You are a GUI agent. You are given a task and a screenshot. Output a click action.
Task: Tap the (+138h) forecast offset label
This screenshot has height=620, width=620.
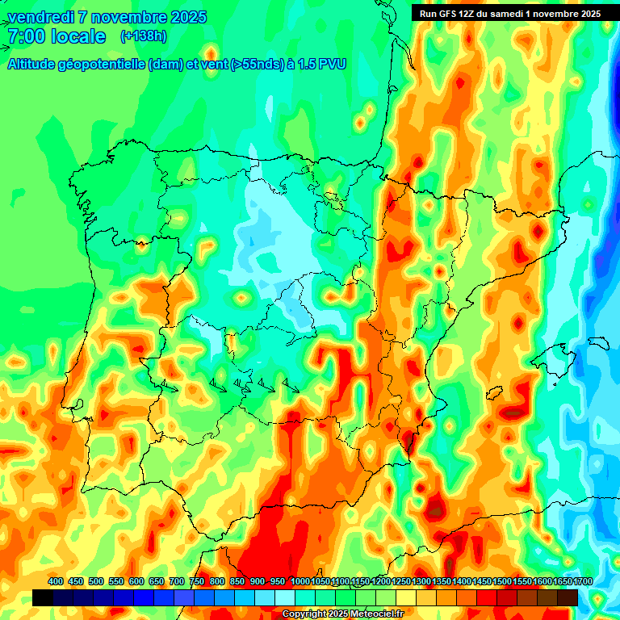pos(143,36)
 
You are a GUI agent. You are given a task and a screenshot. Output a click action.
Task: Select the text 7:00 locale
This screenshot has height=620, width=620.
pos(57,36)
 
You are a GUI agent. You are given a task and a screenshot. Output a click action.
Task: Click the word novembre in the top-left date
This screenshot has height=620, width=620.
pos(128,17)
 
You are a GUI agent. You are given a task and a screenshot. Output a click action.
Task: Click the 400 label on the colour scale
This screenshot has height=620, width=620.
pos(56,581)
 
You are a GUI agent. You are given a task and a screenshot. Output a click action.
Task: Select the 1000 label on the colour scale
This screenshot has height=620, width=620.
pos(300,581)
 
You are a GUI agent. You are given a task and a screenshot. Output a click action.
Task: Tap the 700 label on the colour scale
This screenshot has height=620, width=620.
pos(177,581)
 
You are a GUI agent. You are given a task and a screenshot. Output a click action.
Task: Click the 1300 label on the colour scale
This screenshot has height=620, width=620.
pos(421,581)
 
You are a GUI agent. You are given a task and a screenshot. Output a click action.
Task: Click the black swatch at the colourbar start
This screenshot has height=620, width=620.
pos(43,597)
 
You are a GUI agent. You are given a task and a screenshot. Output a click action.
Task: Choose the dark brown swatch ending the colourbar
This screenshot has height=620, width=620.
pos(568,597)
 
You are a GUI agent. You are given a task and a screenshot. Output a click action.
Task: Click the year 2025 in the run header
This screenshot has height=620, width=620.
pos(589,14)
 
